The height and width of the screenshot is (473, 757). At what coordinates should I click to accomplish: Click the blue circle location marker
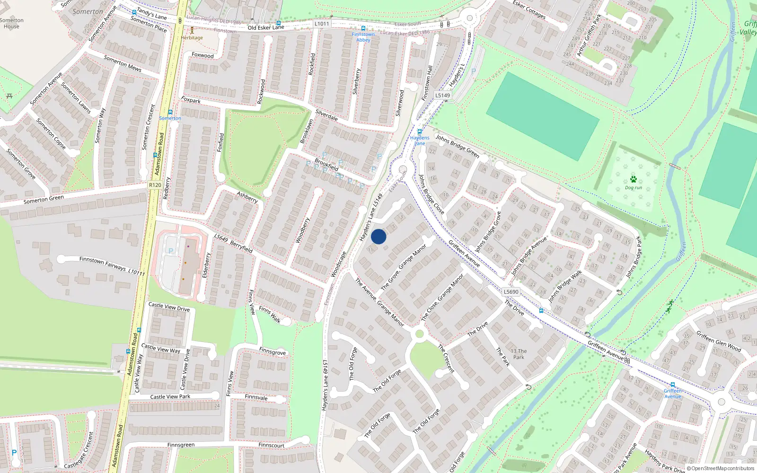(378, 236)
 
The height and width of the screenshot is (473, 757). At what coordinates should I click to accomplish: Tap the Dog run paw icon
(633, 179)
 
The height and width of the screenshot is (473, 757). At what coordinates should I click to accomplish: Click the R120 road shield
(155, 185)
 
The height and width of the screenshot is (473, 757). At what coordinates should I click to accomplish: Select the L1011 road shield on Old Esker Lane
(321, 24)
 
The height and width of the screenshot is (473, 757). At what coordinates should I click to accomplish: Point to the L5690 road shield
(511, 292)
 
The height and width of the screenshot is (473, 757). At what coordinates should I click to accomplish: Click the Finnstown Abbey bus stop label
(363, 37)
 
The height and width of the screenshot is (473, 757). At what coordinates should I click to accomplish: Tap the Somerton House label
(11, 23)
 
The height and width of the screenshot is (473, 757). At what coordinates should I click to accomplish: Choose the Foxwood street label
(202, 55)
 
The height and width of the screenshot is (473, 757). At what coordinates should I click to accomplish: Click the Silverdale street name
(326, 115)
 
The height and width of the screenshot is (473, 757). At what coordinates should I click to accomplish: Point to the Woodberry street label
(303, 230)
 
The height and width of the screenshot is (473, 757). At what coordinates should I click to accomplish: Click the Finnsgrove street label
(273, 351)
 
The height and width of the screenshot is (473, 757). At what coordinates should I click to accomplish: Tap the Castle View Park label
(170, 397)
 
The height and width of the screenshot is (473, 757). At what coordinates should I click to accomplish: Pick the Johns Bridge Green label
(458, 146)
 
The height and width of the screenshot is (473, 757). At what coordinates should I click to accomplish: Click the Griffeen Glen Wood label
(719, 341)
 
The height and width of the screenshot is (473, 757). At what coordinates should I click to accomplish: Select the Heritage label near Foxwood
(192, 38)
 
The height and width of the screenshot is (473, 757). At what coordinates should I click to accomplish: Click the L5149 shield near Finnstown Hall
(442, 95)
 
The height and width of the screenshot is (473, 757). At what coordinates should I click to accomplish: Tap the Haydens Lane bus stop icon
(420, 132)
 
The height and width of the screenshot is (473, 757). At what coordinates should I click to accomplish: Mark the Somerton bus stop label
(170, 118)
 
